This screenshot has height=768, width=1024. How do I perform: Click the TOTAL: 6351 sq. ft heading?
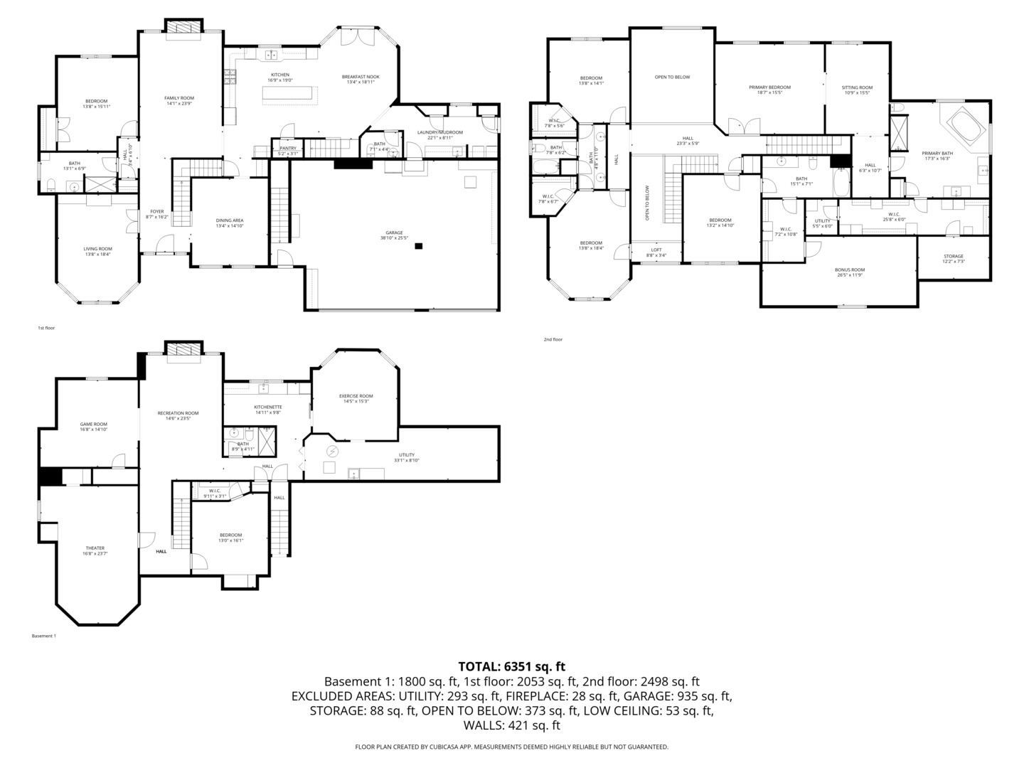click(511, 666)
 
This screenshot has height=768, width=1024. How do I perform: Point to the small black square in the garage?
click(419, 246)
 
